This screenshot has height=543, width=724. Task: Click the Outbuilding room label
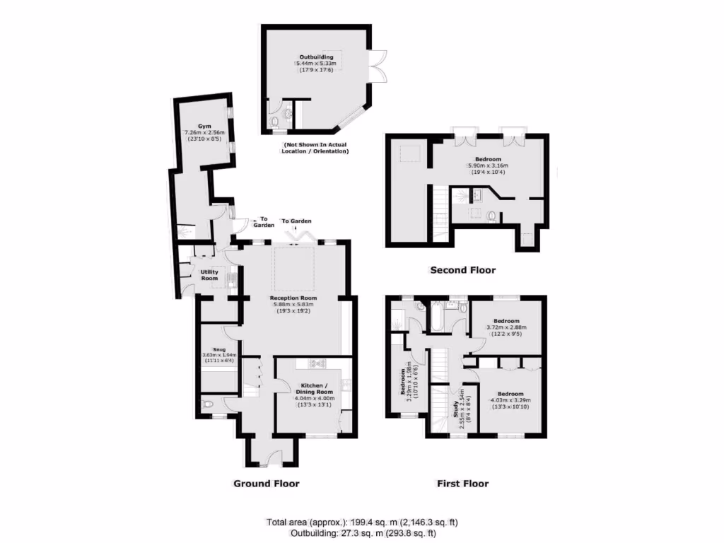(316, 57)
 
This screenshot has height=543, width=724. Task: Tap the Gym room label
(194, 126)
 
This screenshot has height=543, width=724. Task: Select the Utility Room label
(209, 275)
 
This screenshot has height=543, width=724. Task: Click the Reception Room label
(291, 298)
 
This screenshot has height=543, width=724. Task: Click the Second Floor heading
(463, 270)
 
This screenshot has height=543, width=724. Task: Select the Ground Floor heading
(267, 484)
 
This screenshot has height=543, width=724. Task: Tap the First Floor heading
(462, 484)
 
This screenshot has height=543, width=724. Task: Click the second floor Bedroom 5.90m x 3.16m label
(487, 160)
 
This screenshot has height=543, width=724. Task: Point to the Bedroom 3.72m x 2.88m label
(506, 320)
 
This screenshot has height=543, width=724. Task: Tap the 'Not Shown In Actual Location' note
(316, 148)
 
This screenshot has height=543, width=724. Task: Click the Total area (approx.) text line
(361, 522)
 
